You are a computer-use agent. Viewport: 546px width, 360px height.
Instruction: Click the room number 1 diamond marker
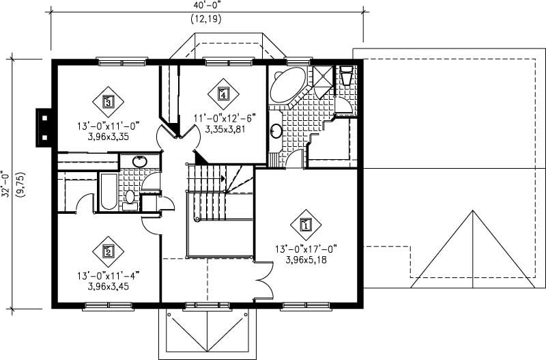point(306,223)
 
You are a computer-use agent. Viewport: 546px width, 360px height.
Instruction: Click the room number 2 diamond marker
point(108,251)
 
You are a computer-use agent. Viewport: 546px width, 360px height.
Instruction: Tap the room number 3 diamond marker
point(108,102)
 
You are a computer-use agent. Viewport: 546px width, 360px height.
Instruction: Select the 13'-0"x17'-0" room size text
point(306,249)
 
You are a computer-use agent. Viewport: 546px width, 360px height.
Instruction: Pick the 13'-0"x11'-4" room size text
point(109,276)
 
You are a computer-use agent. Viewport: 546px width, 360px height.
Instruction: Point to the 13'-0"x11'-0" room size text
point(109,126)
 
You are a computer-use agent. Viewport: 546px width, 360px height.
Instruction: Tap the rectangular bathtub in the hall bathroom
point(108,193)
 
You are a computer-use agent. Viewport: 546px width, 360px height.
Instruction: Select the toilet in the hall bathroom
point(130,198)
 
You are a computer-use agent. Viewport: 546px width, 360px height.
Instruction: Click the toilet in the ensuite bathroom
point(345,74)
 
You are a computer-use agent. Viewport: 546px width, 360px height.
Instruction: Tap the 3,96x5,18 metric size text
point(306,260)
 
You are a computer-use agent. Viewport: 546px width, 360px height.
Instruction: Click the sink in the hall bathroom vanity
point(139,162)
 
